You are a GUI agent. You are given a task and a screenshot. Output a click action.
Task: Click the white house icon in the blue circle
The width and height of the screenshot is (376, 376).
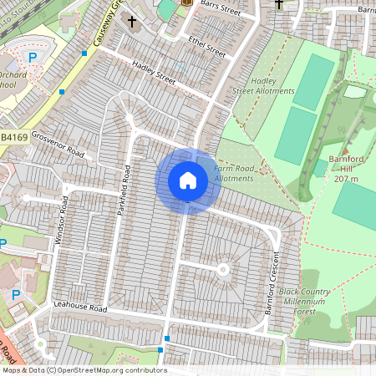click(187, 180)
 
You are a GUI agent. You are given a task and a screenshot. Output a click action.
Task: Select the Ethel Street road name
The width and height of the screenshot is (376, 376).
click(206, 46)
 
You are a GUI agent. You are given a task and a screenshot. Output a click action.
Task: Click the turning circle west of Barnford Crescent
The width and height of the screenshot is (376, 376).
click(223, 269)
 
